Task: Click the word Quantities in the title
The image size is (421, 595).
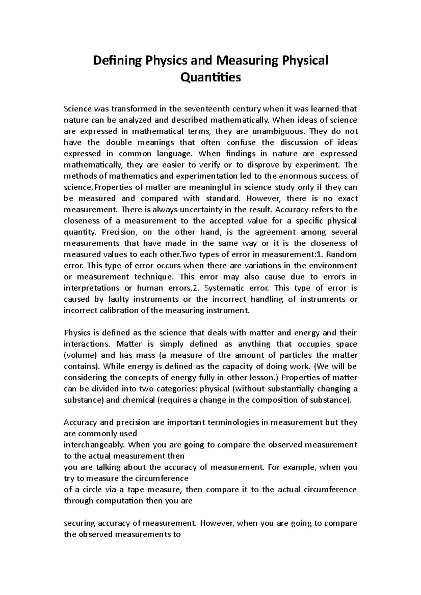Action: pyautogui.click(x=210, y=77)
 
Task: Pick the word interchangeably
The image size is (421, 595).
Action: pyautogui.click(x=94, y=445)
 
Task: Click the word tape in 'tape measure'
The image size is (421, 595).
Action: pyautogui.click(x=136, y=490)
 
